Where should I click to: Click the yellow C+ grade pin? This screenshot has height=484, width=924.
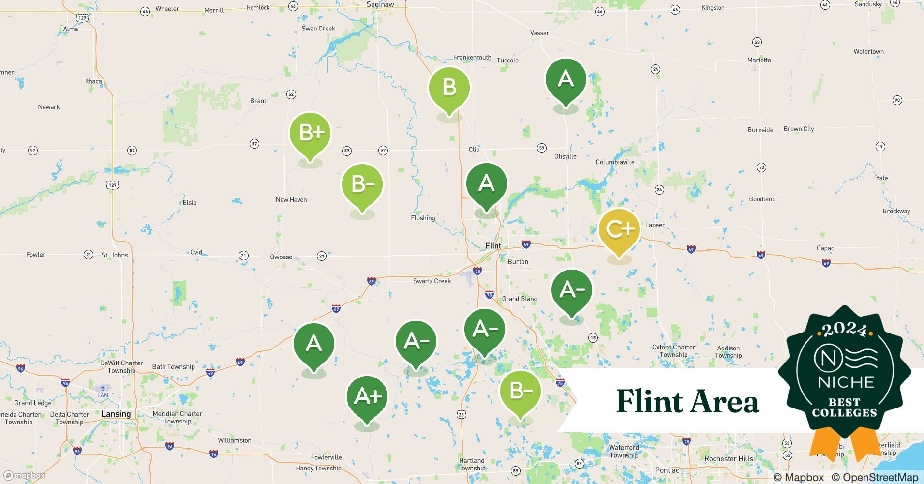tap(619, 230)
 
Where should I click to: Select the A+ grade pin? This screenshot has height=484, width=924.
tap(367, 397)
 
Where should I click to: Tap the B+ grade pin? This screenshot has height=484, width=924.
tap(310, 133)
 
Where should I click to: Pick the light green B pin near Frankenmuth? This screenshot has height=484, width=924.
tap(449, 88)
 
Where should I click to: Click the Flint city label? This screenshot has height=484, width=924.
tap(493, 246)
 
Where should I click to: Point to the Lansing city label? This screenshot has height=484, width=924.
tap(116, 414)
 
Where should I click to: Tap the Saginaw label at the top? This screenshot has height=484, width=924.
tap(380, 4)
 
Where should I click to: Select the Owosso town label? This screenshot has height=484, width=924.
tap(281, 257)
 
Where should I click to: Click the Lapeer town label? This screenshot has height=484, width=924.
tap(655, 225)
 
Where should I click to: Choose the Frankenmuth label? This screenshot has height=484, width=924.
tap(472, 57)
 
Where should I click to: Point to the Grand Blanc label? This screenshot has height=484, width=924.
tap(519, 299)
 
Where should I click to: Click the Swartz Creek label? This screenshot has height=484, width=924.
tap(432, 281)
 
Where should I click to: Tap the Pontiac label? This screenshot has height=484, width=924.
tap(667, 470)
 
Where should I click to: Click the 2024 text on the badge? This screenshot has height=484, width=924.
tap(844, 330)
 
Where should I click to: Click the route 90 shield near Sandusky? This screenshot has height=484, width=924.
tap(897, 100)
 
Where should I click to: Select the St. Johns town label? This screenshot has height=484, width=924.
tap(115, 255)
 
